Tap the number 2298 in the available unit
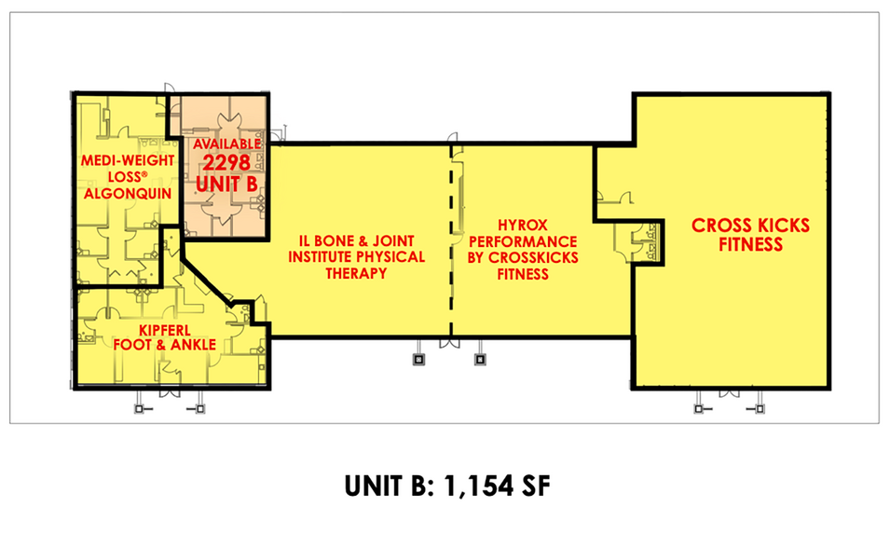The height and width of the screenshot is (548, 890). point(224,164)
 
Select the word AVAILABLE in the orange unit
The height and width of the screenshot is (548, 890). point(224,145)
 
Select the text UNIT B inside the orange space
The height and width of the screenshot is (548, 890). point(224,184)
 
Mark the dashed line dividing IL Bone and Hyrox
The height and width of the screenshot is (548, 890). point(452,242)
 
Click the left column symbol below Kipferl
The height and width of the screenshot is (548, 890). point(140,407)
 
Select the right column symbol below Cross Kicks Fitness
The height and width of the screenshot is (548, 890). point(760,407)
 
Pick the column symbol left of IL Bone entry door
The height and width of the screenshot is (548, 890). point(418,357)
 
